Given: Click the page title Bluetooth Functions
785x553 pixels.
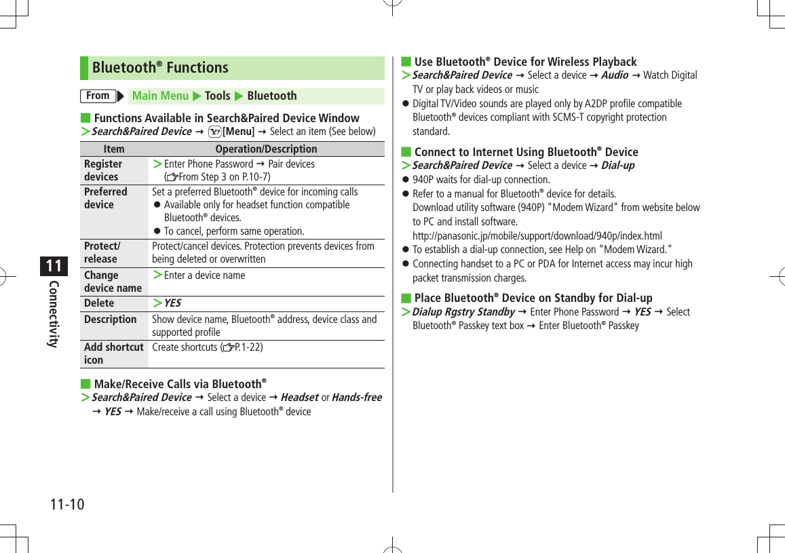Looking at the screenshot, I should point(160,68).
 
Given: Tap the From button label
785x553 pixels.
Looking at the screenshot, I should point(98,96).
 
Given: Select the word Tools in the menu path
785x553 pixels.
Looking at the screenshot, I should point(217,96).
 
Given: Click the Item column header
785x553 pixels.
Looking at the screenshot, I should point(114,149).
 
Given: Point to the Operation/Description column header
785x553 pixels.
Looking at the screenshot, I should point(266,149).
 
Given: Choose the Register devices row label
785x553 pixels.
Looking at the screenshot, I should point(103,170).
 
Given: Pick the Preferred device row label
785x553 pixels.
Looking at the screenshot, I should point(105,198).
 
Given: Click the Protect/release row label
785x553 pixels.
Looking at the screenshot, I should point(101,252).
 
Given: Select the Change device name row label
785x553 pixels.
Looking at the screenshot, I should point(113,282).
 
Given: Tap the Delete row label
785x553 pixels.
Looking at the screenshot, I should point(99,303).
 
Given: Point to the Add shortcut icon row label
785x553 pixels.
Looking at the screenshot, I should point(113,354).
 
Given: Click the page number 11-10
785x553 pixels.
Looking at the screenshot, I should point(67,505).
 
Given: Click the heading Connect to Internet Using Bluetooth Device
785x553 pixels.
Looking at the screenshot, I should point(526,152).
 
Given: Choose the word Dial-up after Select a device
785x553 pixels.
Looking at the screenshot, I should point(617,166).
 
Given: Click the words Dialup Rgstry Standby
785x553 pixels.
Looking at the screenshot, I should point(463,312).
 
